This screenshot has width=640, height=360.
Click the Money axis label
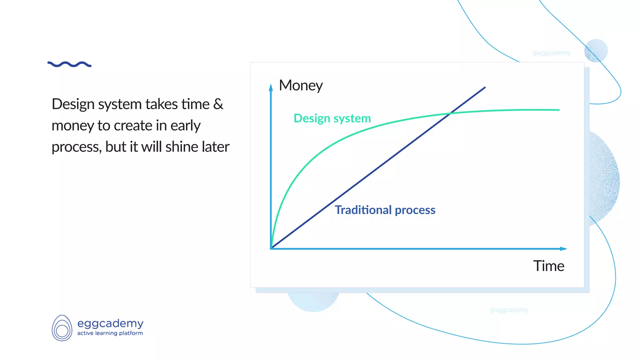301,86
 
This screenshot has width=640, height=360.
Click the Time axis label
548,266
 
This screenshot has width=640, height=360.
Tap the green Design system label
332,118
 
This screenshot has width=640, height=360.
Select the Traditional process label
385,210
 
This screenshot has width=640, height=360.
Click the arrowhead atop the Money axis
271,87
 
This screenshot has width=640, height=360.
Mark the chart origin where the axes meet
271,248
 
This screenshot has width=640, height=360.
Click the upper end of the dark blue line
485,87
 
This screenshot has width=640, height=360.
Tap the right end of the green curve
558,110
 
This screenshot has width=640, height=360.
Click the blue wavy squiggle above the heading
69,64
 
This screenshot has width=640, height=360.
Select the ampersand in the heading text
218,104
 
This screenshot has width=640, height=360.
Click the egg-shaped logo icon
62,328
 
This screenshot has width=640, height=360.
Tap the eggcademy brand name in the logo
110,323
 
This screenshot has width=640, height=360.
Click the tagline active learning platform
110,333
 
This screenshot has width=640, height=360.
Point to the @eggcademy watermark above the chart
551,53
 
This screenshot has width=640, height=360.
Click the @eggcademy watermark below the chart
509,310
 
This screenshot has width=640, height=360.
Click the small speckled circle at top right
596,51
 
